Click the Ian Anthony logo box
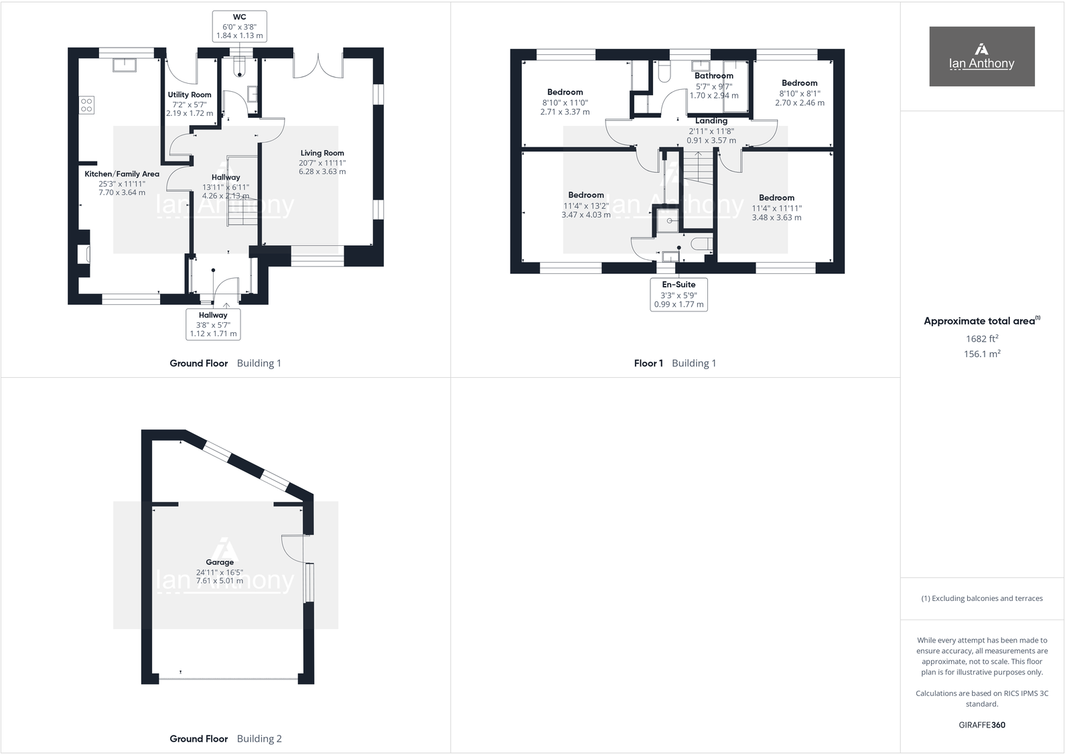[x=981, y=56]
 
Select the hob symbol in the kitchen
[x=86, y=105]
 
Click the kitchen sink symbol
[x=125, y=65]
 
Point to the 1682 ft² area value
[x=981, y=338]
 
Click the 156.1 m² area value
[x=981, y=354]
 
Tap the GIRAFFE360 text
[x=981, y=725]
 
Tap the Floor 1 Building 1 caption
[x=674, y=363]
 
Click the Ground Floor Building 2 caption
[x=225, y=739]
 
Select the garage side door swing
[x=293, y=547]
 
